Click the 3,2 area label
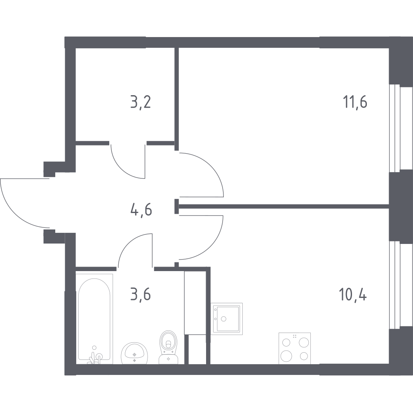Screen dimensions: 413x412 (x=141, y=103)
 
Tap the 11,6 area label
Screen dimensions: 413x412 (x=355, y=102)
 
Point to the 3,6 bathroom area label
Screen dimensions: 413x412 (x=141, y=294)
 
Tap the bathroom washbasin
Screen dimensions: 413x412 (x=134, y=353)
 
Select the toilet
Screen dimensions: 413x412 (x=168, y=347)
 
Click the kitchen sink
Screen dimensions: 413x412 (x=227, y=319)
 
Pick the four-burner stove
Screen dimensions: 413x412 (x=295, y=348)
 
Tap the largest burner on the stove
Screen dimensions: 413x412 (x=286, y=356)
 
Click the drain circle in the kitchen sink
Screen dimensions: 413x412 (x=224, y=319)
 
